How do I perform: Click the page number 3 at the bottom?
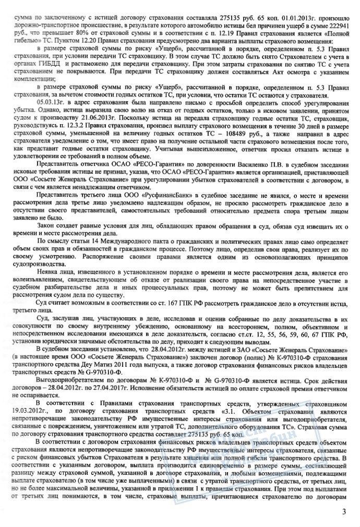coord(344,511)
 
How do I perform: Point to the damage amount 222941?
coord(333,17)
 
